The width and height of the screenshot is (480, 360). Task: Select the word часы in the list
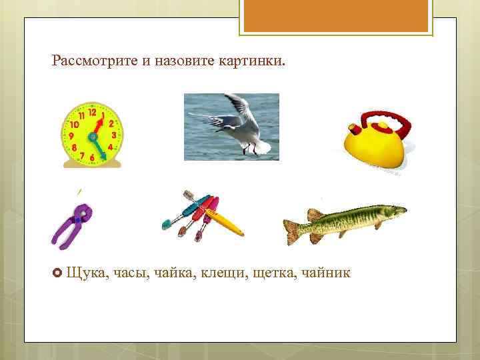(x=131, y=273)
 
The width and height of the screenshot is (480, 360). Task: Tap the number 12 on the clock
(x=91, y=113)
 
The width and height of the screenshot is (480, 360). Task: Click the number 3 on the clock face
(x=114, y=135)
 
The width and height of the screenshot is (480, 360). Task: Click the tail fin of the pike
(x=293, y=229)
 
